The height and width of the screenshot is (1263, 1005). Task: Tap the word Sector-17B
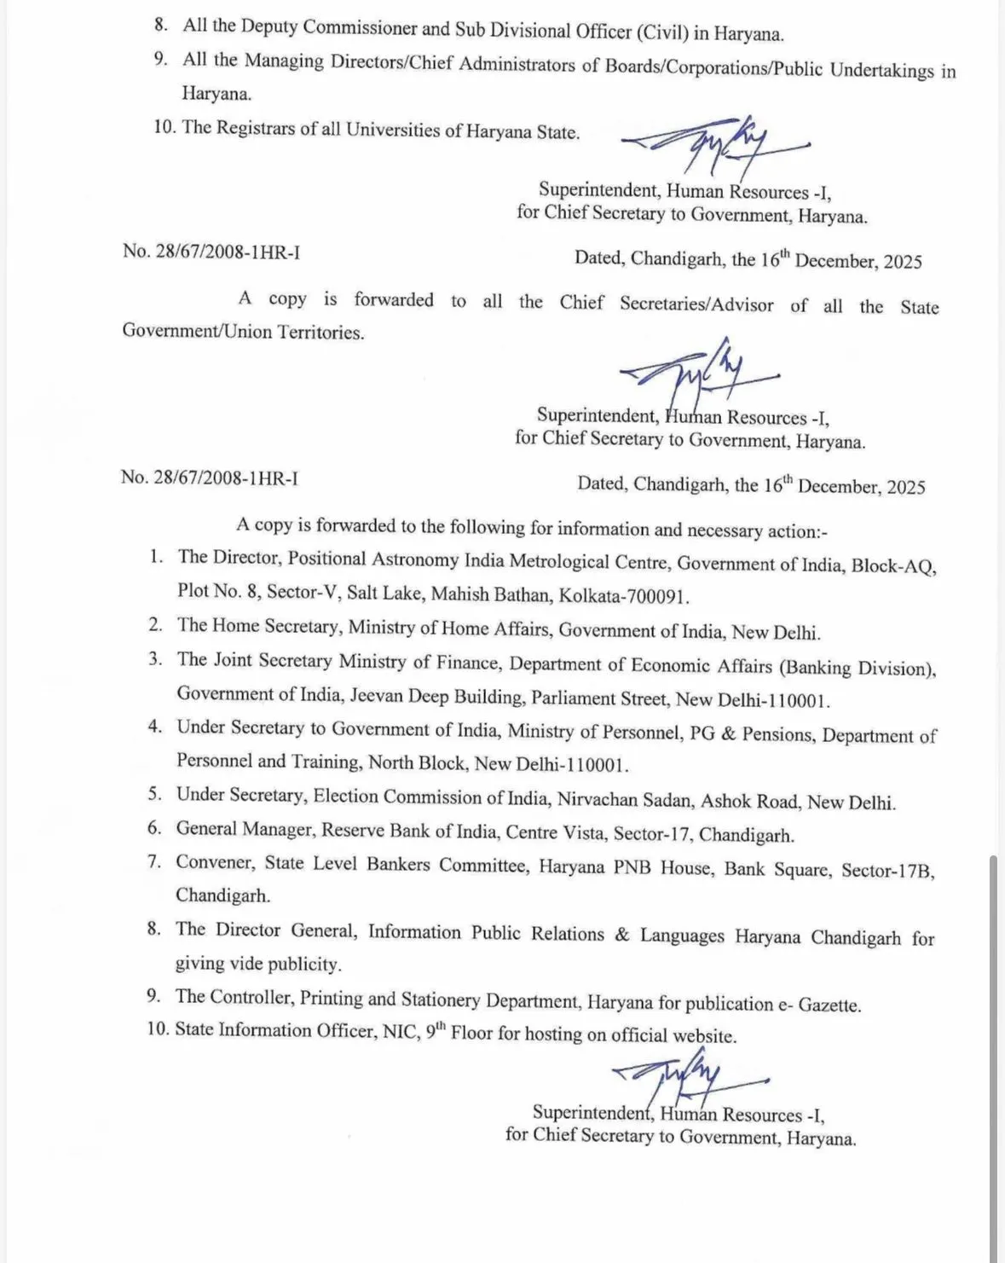pyautogui.click(x=887, y=871)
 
